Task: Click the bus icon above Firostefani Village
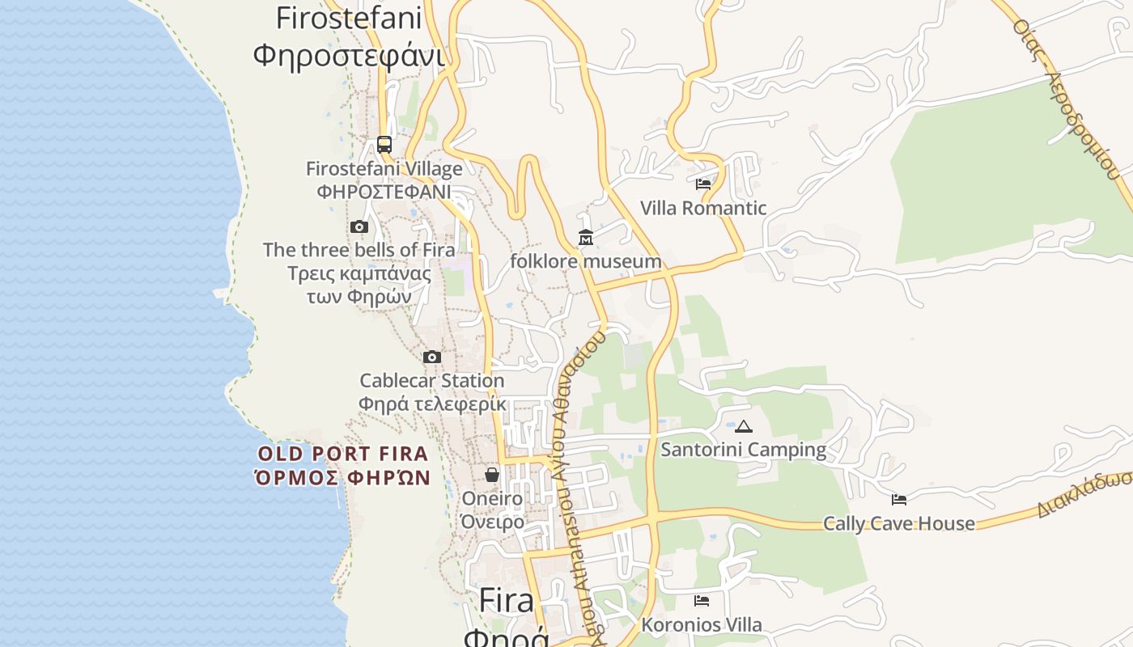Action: pos(384,145)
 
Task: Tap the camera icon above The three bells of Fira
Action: pos(359,227)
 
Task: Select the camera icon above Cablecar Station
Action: pos(432,357)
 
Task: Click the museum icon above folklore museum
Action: pos(586,238)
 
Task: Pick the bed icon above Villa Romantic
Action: pos(703,184)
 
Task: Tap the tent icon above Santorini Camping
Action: pos(744,426)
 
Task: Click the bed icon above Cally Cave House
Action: pos(899,499)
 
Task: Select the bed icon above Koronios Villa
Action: pos(702,601)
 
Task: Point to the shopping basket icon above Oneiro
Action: pos(492,475)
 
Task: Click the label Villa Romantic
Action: pos(703,208)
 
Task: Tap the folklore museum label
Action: pos(586,261)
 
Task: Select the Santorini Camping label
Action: pos(744,449)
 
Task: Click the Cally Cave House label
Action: pos(899,523)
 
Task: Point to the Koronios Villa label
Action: pos(702,625)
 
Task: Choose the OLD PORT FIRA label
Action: pos(343,454)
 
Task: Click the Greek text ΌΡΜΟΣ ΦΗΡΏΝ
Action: pos(343,478)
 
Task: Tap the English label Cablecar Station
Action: pos(432,380)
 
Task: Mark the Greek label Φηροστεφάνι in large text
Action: pos(349,56)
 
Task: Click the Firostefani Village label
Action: pos(384,169)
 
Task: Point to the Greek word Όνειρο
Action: pos(492,522)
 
